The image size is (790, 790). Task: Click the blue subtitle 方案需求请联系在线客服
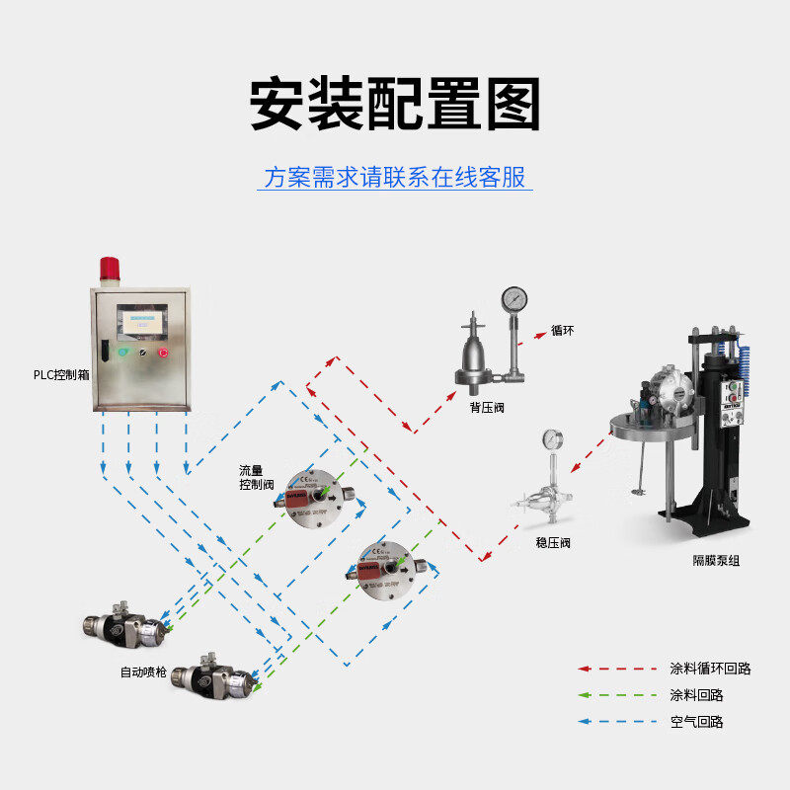click(395, 178)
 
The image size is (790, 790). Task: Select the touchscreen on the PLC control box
click(139, 321)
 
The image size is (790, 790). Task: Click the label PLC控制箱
click(60, 375)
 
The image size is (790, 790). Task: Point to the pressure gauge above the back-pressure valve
click(513, 298)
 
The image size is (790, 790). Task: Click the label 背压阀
click(487, 406)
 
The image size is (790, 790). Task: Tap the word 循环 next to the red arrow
click(562, 331)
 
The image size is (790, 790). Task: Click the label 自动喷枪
click(142, 671)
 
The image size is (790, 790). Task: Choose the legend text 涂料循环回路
click(710, 669)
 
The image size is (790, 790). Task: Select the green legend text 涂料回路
click(696, 695)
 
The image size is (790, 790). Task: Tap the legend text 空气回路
click(696, 722)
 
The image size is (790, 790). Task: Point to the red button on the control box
click(163, 353)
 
